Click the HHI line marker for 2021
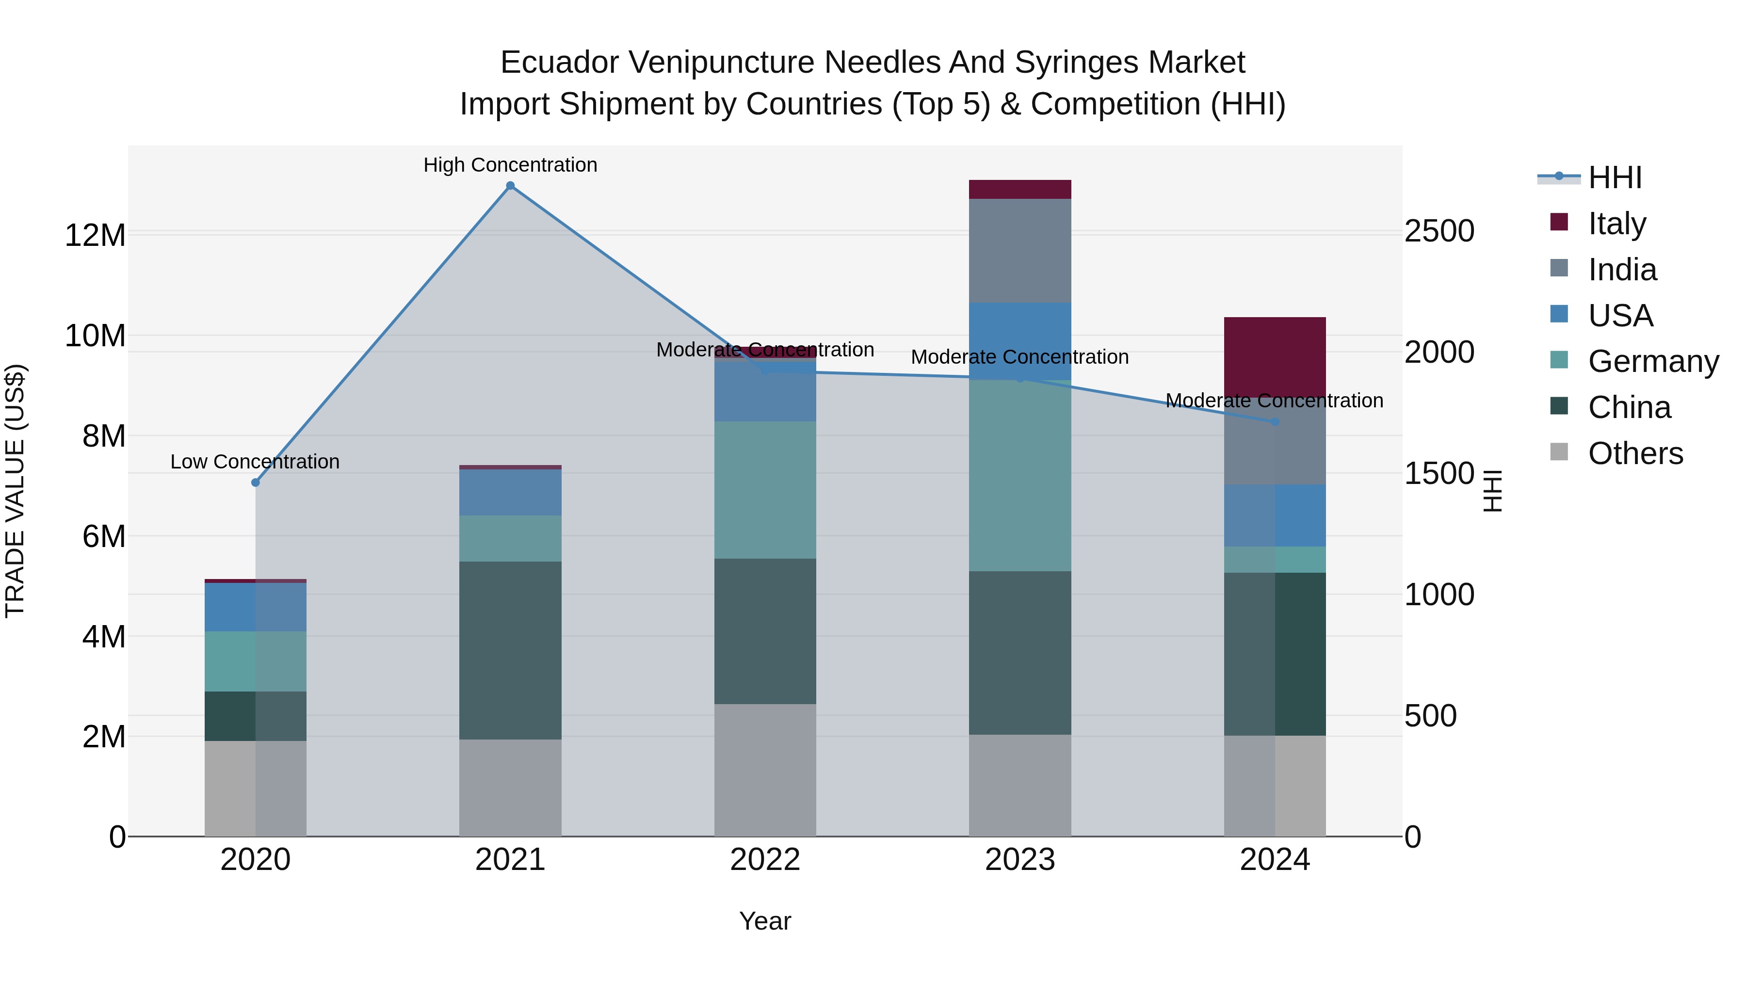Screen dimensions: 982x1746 pyautogui.click(x=510, y=186)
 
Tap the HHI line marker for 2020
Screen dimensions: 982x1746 pyautogui.click(x=256, y=483)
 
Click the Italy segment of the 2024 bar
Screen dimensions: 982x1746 pyautogui.click(x=1275, y=356)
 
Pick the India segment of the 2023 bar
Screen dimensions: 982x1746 pyautogui.click(x=1020, y=251)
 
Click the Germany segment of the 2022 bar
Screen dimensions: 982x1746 pyautogui.click(x=765, y=490)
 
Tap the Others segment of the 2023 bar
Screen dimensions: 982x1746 pyautogui.click(x=1020, y=786)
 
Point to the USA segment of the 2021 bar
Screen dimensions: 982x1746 pyautogui.click(x=510, y=492)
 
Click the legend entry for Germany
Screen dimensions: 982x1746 pyautogui.click(x=1653, y=361)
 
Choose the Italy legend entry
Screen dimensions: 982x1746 pyautogui.click(x=1617, y=223)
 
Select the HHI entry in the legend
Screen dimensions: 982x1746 pyautogui.click(x=1615, y=177)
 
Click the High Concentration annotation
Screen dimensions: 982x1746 pyautogui.click(x=510, y=165)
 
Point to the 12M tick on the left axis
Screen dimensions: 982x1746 pyautogui.click(x=95, y=235)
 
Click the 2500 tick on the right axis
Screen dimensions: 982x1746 pyautogui.click(x=1439, y=231)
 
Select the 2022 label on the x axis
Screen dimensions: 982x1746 pyautogui.click(x=765, y=860)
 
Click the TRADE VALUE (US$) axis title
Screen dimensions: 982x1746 pyautogui.click(x=15, y=491)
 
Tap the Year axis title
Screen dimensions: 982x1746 pyautogui.click(x=765, y=921)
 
